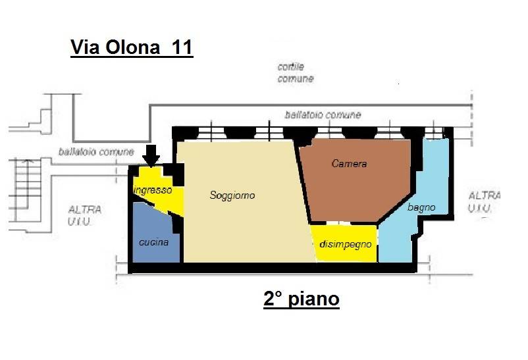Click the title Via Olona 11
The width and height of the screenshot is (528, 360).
132,48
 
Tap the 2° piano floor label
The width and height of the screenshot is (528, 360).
302,299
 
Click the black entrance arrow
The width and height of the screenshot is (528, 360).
151,155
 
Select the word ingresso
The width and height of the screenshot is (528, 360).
153,190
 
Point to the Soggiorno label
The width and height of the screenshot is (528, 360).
232,195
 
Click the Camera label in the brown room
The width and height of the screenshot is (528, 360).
349,164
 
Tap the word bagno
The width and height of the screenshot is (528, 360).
421,207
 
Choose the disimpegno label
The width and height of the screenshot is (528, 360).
345,244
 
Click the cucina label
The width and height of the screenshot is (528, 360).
153,242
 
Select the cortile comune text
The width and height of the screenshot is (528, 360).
296,73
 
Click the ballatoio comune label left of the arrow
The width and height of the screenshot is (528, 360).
96,151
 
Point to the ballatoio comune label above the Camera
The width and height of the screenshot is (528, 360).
323,115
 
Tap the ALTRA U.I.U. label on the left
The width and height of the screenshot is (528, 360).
85,215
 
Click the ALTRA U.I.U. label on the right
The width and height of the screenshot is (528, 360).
484,201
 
